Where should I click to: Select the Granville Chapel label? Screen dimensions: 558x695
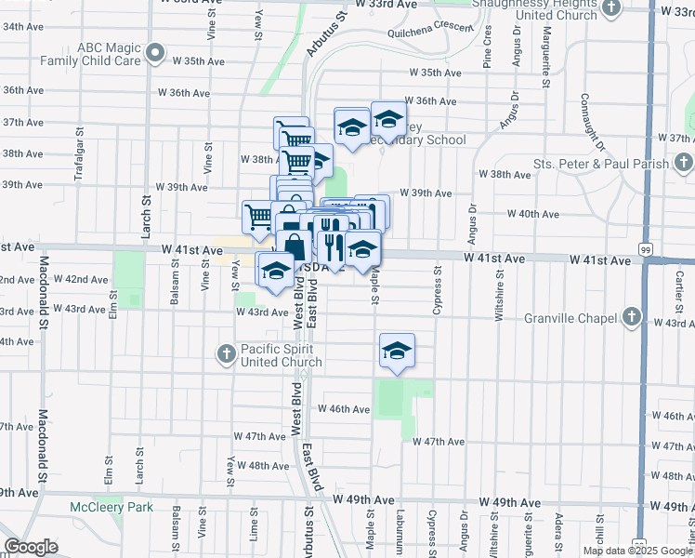coord(578,318)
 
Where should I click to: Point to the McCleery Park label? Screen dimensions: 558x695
coord(111,507)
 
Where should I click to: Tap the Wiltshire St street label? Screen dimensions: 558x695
coord(499,296)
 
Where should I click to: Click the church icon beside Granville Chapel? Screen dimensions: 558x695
coord(632,317)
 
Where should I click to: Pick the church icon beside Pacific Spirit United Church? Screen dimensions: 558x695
coord(226,353)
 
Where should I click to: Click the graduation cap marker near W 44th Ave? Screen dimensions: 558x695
coord(397,352)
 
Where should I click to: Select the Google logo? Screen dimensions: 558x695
coord(31,547)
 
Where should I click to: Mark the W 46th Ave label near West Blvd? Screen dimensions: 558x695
coord(344,408)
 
